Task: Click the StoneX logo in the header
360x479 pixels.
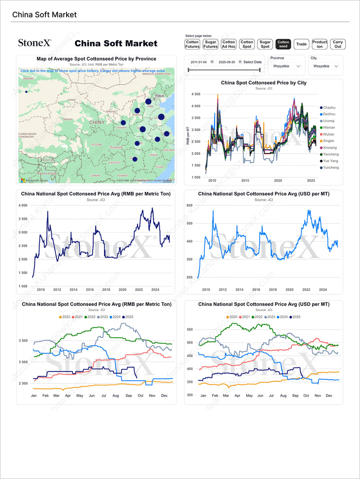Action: pos(35,43)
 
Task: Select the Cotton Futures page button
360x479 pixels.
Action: pos(193,44)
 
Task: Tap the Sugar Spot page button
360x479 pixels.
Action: pos(265,44)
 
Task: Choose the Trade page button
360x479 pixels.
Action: pos(301,44)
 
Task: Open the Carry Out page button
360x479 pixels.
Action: pos(337,44)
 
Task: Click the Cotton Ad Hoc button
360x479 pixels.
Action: pos(229,44)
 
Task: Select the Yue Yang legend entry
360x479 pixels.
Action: pos(331,161)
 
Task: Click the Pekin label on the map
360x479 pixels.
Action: pos(159,96)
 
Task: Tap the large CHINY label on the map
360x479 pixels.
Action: pos(97,122)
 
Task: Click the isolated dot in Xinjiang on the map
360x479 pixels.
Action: pos(26,92)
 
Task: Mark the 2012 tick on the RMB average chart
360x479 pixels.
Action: pos(57,290)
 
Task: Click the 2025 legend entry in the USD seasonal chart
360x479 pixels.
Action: pos(296,317)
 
